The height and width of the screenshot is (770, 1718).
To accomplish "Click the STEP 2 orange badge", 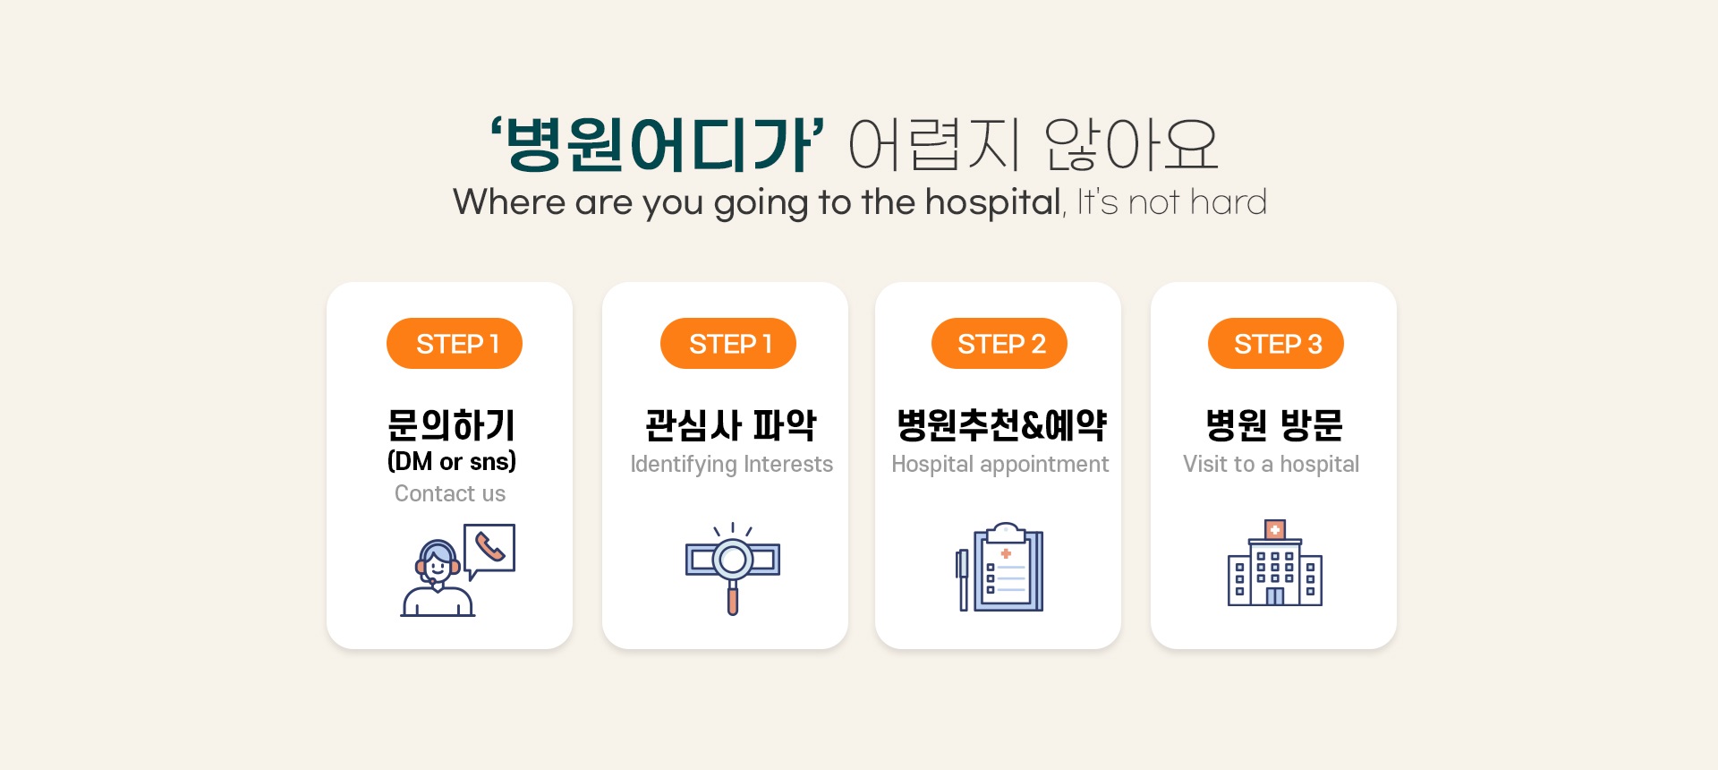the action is pyautogui.click(x=999, y=344).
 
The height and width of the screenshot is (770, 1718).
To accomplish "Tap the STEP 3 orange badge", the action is pyautogui.click(x=1276, y=344).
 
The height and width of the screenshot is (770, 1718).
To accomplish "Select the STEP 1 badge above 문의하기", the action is pyautogui.click(x=455, y=344).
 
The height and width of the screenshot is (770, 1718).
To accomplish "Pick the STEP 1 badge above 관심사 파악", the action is pyautogui.click(x=728, y=344).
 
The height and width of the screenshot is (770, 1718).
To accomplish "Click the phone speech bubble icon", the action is pyautogui.click(x=489, y=549).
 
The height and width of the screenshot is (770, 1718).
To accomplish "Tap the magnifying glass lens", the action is pyautogui.click(x=733, y=560).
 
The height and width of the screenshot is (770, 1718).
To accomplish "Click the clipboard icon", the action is pyautogui.click(x=1008, y=568).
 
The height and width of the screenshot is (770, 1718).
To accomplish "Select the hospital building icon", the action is pyautogui.click(x=1275, y=563).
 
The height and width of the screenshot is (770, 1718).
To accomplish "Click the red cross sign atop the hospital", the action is pyautogui.click(x=1275, y=530).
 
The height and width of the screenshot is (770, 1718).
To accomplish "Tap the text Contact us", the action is pyautogui.click(x=450, y=493).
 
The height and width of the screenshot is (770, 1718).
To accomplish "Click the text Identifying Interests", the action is pyautogui.click(x=732, y=465).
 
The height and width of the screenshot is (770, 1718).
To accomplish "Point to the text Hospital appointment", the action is pyautogui.click(x=999, y=465).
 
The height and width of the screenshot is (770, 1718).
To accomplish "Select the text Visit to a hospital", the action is pyautogui.click(x=1271, y=464).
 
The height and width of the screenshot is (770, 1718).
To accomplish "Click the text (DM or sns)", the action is pyautogui.click(x=452, y=461).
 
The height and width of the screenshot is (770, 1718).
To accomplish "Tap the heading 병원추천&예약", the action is pyautogui.click(x=1001, y=425).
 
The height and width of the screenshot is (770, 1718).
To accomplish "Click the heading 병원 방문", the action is pyautogui.click(x=1274, y=425).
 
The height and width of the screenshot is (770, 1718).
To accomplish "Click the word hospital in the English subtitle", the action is pyautogui.click(x=993, y=202).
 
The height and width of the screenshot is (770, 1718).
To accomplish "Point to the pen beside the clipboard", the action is pyautogui.click(x=963, y=580).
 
